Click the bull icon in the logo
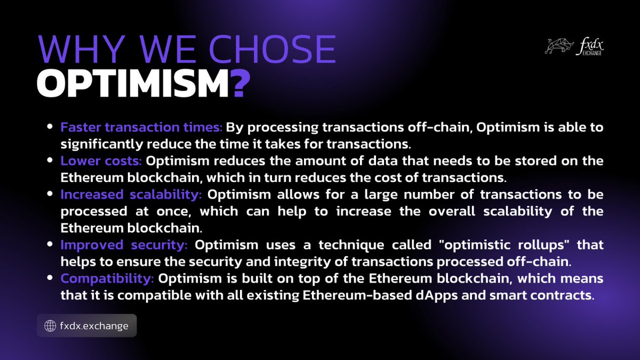(x=559, y=45)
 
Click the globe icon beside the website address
(x=50, y=325)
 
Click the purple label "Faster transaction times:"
(x=141, y=128)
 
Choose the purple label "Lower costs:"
(x=101, y=161)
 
